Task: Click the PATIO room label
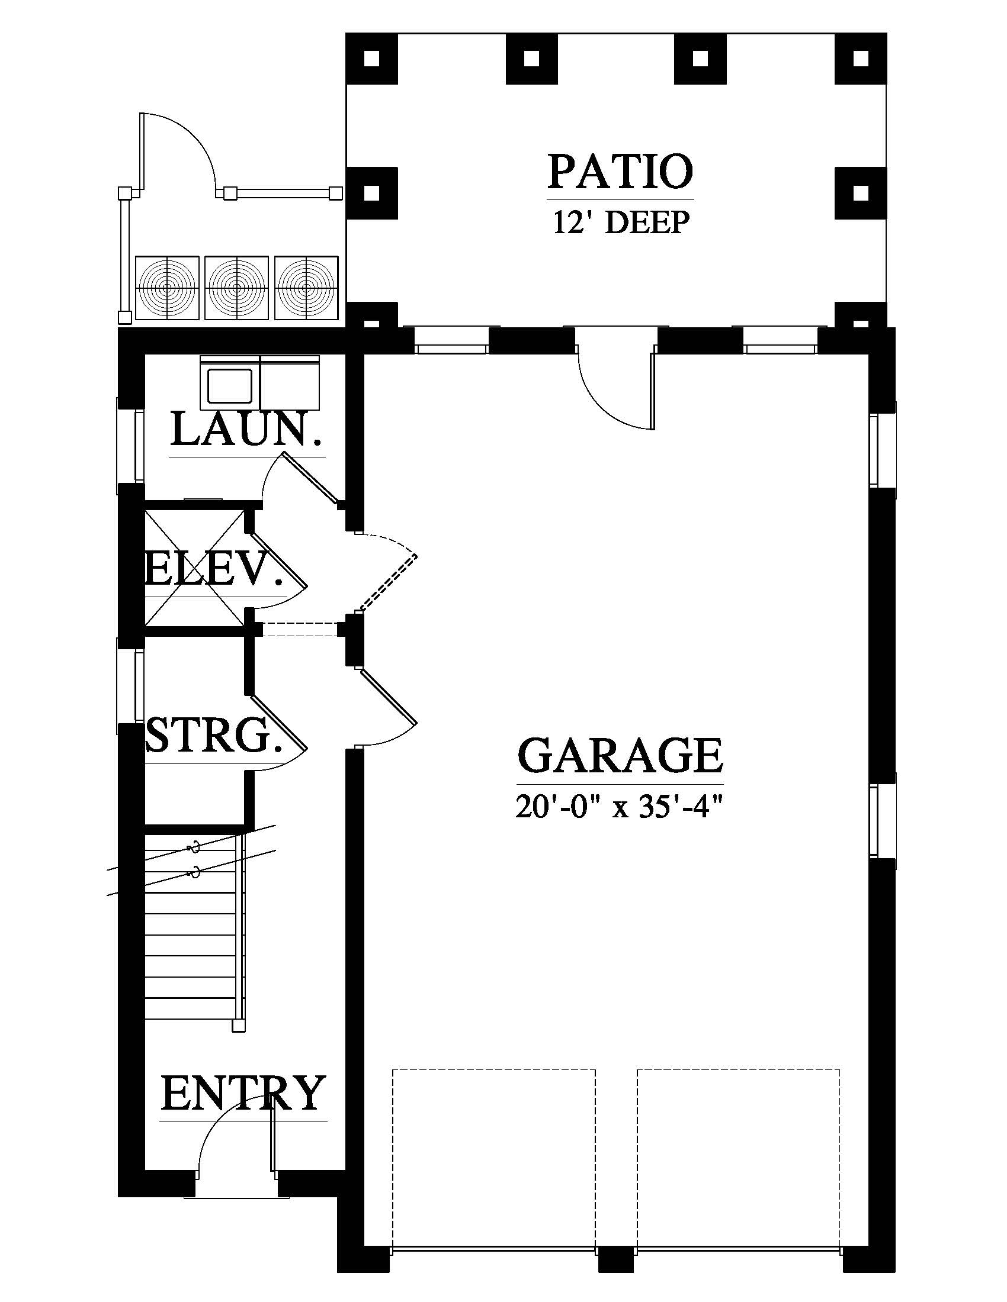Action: pos(620,171)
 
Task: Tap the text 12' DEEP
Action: pos(621,223)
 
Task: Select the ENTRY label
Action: pos(243,1092)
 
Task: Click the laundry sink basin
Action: pos(229,385)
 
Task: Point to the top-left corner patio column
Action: pos(371,59)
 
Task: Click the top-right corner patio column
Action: pos(861,59)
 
